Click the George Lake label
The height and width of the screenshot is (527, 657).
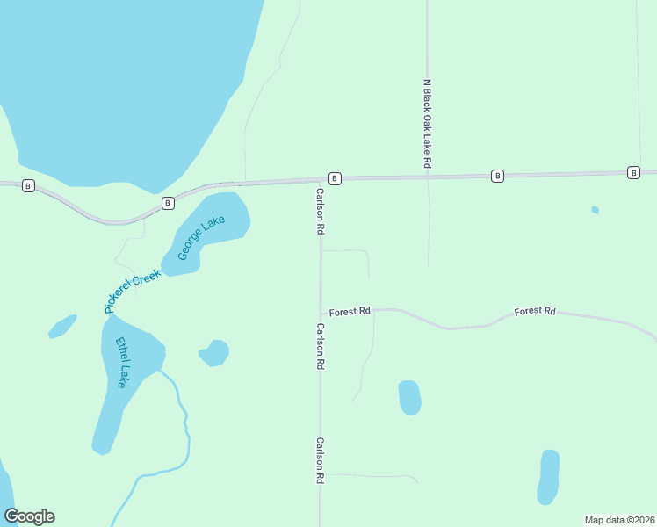coord(202,238)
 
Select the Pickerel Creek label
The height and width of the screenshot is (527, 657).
coord(134,292)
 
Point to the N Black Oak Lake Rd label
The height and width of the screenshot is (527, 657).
coord(427,124)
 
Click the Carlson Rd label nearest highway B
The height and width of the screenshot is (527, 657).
coord(321,211)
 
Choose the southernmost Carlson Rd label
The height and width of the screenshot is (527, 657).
coord(321,461)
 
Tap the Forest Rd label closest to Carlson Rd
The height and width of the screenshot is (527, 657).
coord(350,311)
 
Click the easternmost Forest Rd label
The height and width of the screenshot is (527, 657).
coord(535,311)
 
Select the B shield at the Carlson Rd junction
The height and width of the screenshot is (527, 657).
coord(335,177)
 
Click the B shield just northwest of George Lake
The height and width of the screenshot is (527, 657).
coord(167,203)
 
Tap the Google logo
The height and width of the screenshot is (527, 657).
coord(29,516)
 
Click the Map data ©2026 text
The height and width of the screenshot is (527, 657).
coord(619,520)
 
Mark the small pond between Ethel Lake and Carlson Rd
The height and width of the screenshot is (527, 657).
coord(214,352)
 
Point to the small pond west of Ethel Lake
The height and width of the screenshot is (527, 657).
coord(61,327)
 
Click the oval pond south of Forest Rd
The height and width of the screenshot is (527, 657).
coord(409,397)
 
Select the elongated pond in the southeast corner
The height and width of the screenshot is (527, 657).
coord(548,477)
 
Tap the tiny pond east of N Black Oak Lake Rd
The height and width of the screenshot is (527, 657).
coord(595,210)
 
